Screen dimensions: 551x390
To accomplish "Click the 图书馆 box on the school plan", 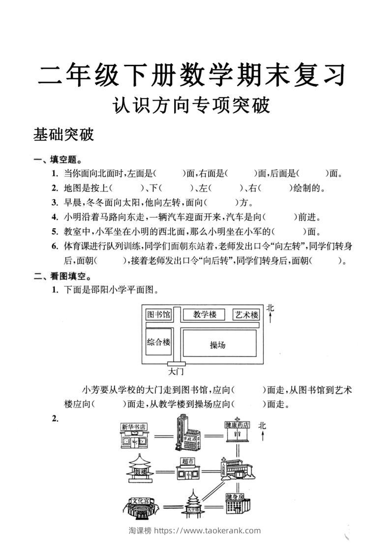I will (158, 314).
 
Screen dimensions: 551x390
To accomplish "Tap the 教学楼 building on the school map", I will (204, 314).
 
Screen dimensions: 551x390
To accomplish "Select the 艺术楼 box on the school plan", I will (246, 315).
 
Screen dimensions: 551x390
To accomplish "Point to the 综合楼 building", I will (158, 342).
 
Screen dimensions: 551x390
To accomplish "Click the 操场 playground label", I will (217, 345).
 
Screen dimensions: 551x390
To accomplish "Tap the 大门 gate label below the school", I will (175, 372).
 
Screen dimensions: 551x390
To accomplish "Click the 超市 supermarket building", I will (187, 469).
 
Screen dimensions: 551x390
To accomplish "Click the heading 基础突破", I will (63, 135).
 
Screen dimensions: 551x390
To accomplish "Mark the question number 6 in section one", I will (55, 246).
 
